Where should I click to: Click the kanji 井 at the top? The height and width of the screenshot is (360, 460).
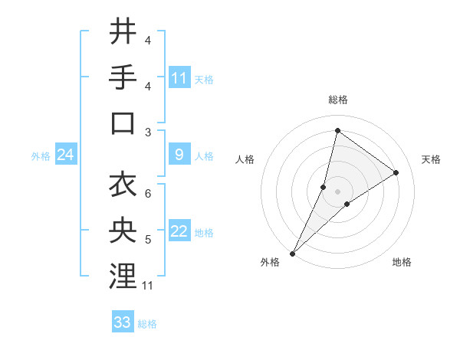tap(123, 32)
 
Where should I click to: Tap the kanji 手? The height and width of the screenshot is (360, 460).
tap(123, 77)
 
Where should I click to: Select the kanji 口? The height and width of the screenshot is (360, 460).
tap(123, 123)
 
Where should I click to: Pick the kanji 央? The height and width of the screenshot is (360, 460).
tap(123, 231)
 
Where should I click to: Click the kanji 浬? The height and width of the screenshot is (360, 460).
tap(123, 277)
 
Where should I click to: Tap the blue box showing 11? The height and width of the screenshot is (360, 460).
tap(179, 78)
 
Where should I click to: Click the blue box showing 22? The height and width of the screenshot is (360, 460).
tap(179, 232)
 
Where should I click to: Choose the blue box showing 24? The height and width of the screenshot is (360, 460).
tap(66, 155)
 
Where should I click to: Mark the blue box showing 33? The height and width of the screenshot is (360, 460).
tap(123, 322)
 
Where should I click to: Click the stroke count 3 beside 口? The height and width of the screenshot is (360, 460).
tap(148, 132)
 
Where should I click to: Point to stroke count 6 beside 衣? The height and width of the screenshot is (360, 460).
tap(148, 193)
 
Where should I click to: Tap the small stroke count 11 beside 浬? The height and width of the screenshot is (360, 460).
tap(149, 286)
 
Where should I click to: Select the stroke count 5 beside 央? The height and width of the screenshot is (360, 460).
tap(148, 240)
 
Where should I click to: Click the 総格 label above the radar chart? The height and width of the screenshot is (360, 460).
tap(337, 100)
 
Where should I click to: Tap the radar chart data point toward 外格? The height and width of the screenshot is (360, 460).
tap(292, 253)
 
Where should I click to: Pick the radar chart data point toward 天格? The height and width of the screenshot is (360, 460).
tap(396, 172)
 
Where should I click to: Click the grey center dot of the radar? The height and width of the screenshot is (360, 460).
tap(337, 191)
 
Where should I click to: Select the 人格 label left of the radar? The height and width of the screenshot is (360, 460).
tap(245, 159)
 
